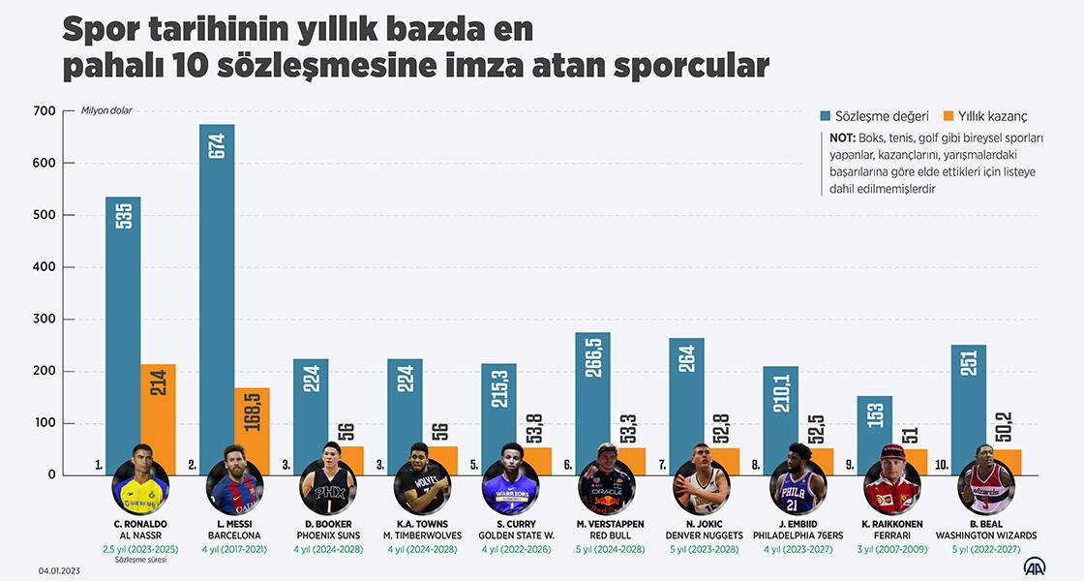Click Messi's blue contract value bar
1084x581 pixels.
(217, 299)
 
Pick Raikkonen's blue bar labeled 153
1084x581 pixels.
(874, 435)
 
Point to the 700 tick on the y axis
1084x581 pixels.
(45, 111)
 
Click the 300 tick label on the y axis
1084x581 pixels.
(45, 320)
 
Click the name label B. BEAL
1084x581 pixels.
(986, 524)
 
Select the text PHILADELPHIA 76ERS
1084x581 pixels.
(797, 535)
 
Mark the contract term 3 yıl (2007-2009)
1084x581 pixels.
(891, 549)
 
